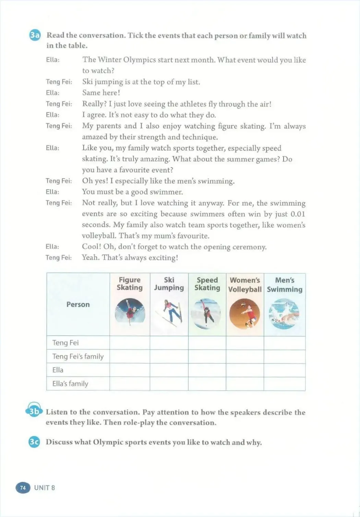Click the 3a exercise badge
35,35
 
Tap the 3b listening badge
34,411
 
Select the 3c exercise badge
34,442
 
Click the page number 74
23,488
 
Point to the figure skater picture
130,312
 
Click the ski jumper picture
169,313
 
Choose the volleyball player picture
245,313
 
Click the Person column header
78,305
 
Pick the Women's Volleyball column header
245,285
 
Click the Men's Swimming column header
285,285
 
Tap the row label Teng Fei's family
78,356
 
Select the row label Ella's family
70,384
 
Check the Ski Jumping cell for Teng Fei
169,343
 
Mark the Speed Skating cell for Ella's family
207,384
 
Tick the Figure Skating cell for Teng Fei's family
130,356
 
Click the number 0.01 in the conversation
298,214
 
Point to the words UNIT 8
45,488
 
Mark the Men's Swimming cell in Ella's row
285,370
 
